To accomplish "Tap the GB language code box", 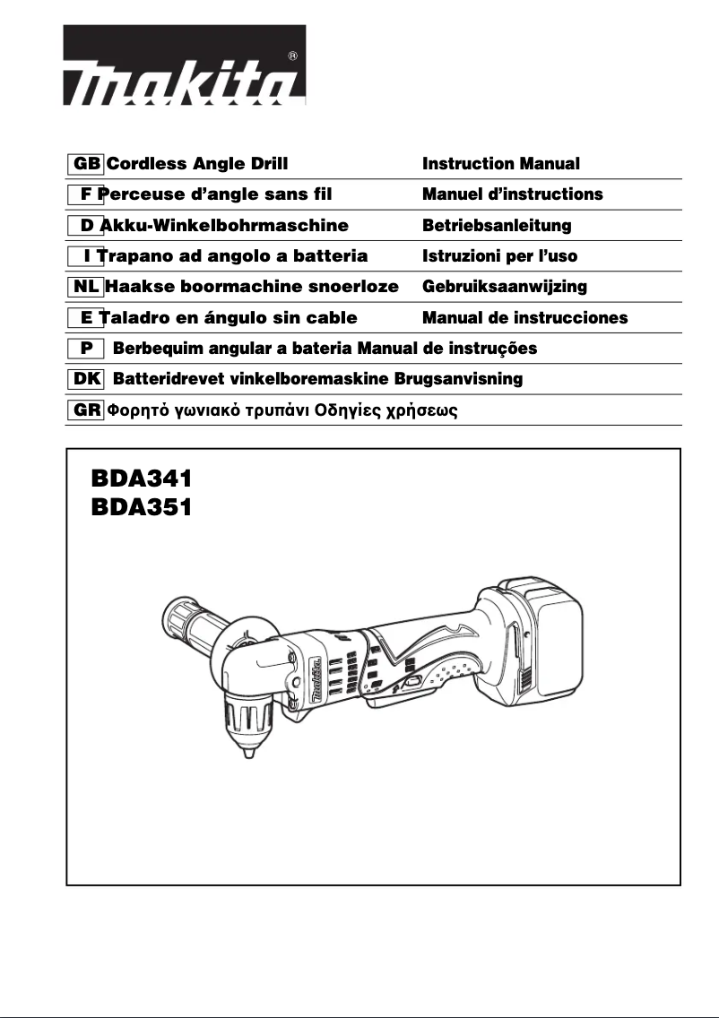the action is tap(86, 164).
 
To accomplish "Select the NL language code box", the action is tap(86, 287).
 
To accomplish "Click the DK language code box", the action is tap(86, 379).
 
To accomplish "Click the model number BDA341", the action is tap(142, 477).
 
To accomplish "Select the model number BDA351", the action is tap(142, 507).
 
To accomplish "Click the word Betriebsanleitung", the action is tap(497, 225).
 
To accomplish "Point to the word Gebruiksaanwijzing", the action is tap(504, 287).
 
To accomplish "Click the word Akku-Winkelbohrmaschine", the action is tap(223, 225).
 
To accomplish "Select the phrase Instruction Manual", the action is tap(501, 164).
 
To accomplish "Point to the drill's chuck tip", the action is tap(246, 754).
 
